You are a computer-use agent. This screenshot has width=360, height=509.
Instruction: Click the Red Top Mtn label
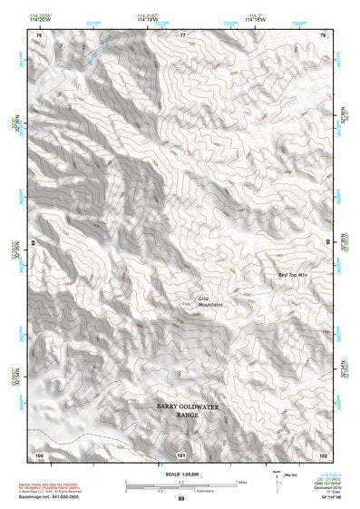click(295, 273)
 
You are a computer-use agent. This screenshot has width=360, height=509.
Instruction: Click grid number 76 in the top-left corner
click(38, 34)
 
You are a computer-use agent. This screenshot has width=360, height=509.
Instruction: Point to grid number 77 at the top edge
click(182, 34)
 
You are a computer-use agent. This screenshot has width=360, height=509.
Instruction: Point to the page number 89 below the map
click(180, 499)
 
